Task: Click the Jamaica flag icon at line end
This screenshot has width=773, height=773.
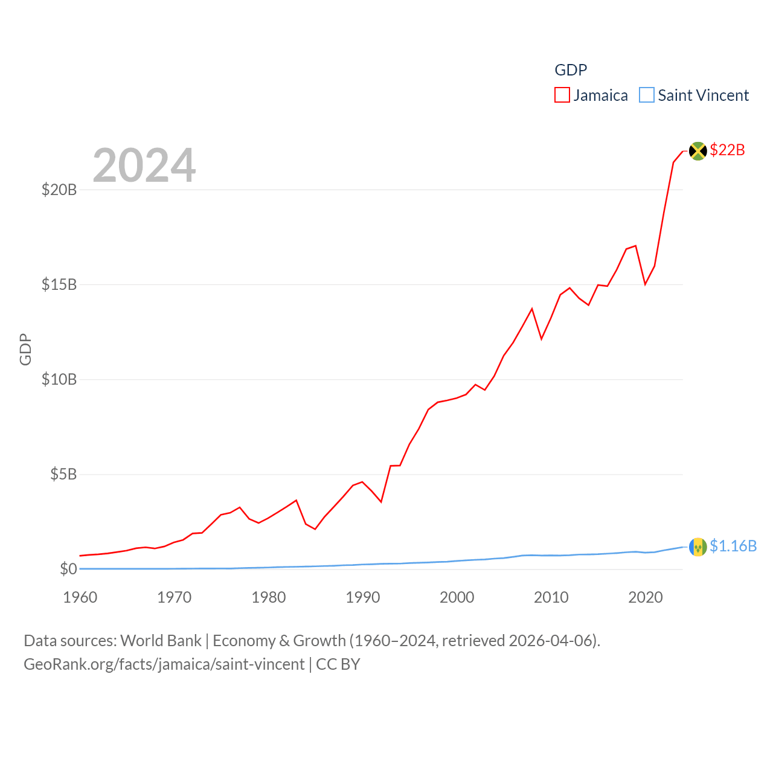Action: [x=698, y=151]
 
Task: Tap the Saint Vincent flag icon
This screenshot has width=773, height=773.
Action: [x=698, y=547]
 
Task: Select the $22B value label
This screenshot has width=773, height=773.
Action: [x=727, y=150]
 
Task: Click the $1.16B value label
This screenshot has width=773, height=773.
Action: [x=733, y=546]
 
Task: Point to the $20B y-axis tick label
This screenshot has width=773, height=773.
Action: [x=59, y=190]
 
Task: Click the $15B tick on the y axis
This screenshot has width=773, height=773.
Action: [x=59, y=284]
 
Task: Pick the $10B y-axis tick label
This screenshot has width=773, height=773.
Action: [x=59, y=379]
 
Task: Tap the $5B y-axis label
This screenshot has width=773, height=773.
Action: [x=63, y=474]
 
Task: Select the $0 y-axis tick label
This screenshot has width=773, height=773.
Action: [x=68, y=569]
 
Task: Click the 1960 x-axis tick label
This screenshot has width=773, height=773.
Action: [x=80, y=597]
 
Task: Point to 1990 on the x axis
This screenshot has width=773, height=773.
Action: [x=363, y=597]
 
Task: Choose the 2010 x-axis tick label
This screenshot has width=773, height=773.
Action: [x=551, y=597]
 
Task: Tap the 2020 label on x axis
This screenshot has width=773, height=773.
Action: [x=646, y=597]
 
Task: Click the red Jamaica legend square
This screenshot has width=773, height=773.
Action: [x=562, y=95]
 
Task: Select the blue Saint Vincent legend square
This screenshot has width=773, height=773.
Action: [x=647, y=95]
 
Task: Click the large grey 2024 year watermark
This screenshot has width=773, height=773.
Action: [x=144, y=165]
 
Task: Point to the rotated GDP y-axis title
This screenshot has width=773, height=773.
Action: [x=25, y=349]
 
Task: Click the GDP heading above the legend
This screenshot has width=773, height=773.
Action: [x=571, y=70]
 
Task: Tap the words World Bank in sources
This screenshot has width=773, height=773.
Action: [x=161, y=640]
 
